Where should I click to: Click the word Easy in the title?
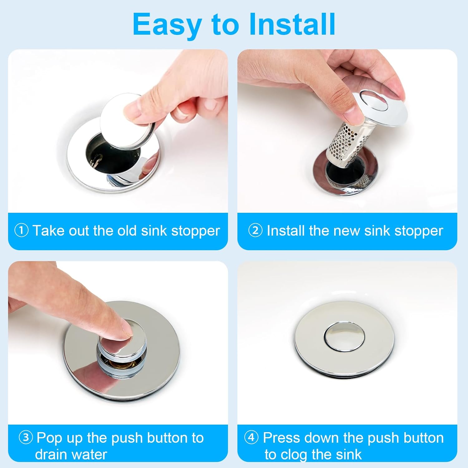point(167,25)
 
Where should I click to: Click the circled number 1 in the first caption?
point(22,231)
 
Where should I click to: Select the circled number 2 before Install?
point(255,231)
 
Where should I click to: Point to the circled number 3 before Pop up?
point(26,437)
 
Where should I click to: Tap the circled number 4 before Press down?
point(251,437)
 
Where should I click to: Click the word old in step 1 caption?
point(127,231)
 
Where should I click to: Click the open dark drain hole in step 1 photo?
point(100,153)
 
